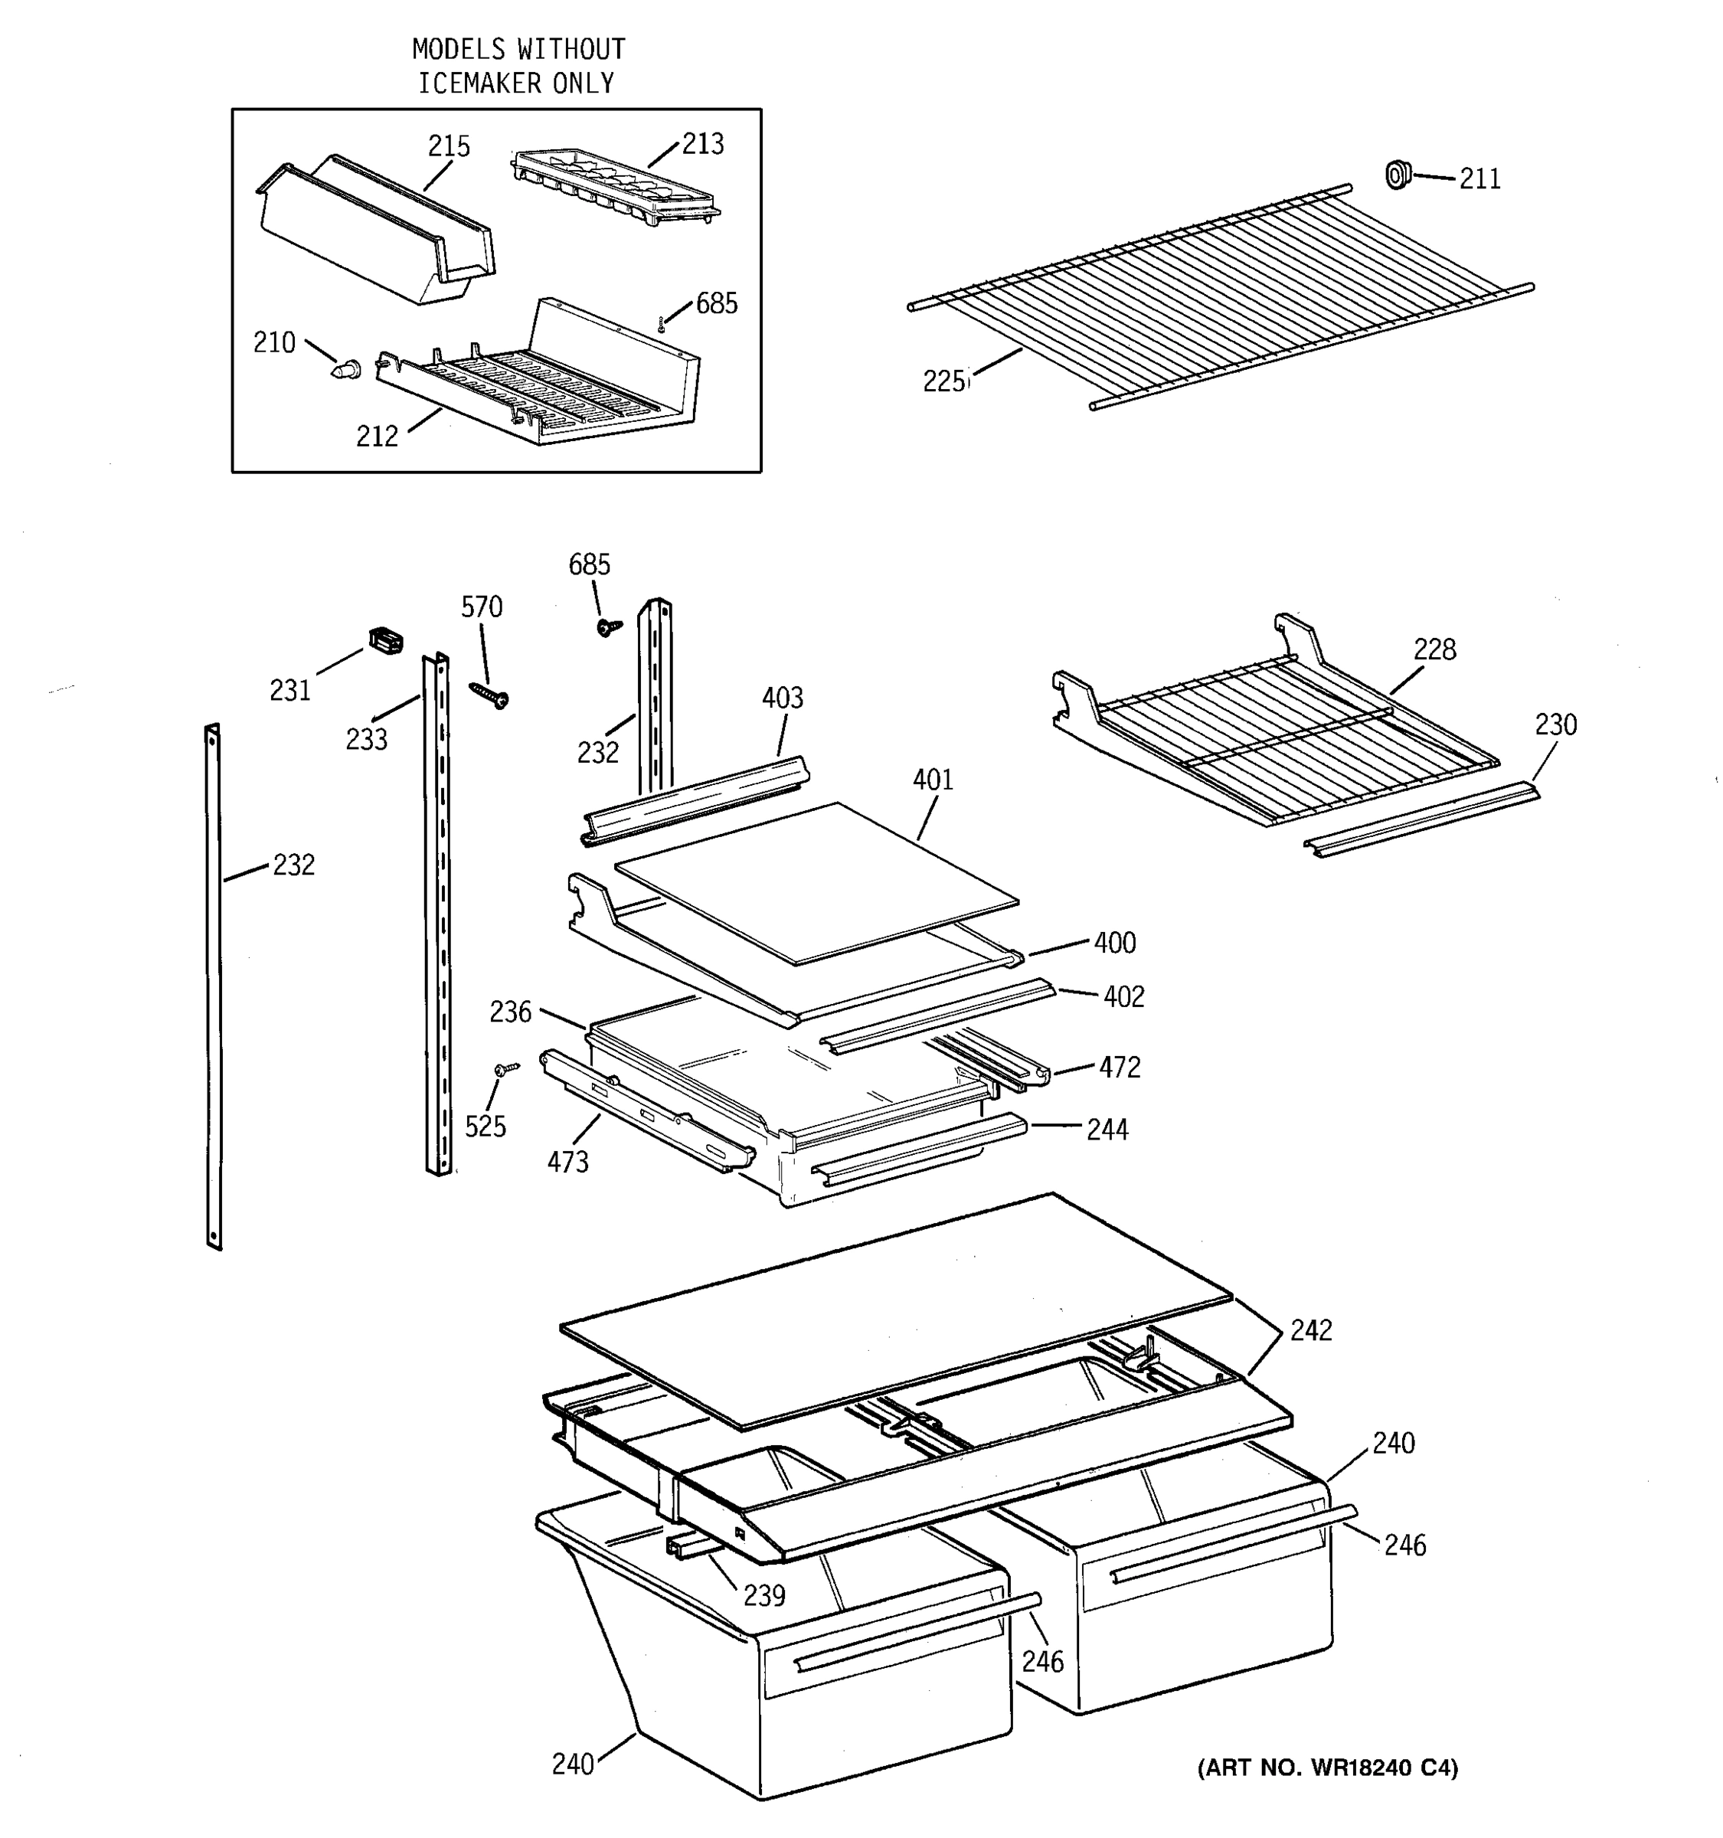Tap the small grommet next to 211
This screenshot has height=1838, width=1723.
pos(1398,174)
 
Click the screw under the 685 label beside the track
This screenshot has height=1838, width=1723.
pos(608,628)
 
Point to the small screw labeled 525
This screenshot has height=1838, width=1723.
pos(506,1069)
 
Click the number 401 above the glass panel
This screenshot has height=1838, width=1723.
pos(933,780)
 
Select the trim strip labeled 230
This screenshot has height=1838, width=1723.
pos(1421,820)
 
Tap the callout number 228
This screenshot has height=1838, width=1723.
pos(1434,650)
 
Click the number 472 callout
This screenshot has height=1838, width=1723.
pos(1120,1068)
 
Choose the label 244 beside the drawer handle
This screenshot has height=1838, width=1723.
pos(1107,1130)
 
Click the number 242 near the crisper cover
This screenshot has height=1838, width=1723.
pos(1311,1330)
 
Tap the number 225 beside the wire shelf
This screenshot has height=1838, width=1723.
pos(943,381)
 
